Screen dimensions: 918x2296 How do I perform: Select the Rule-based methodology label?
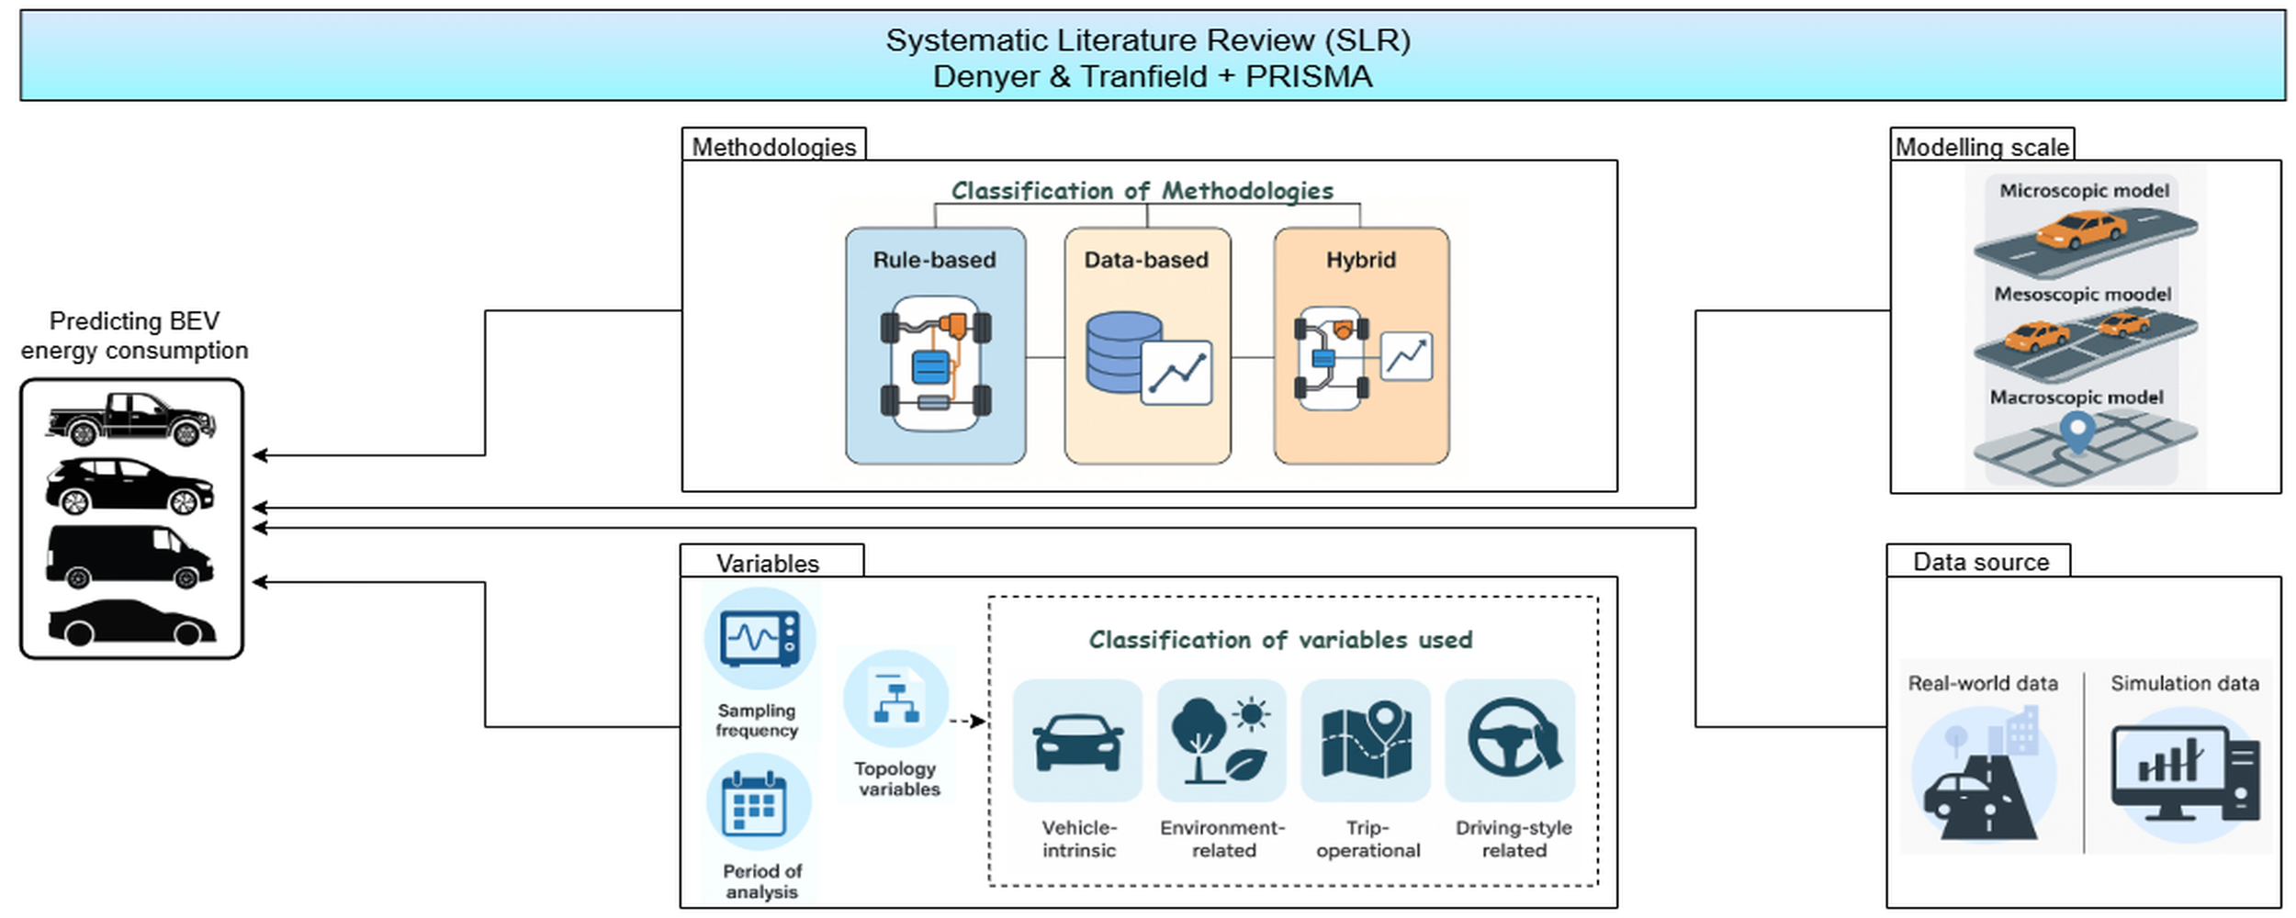[x=934, y=260]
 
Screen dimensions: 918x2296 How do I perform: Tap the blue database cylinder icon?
[x=1123, y=353]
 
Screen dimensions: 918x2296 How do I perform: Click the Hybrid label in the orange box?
[x=1360, y=260]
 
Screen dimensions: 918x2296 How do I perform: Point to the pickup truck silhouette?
[x=130, y=419]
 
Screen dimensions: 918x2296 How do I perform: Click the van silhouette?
[x=129, y=556]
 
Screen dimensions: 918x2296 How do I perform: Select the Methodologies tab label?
[x=773, y=147]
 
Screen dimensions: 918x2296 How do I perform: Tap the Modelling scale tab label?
[x=1982, y=147]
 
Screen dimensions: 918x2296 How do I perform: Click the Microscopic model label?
[x=2084, y=191]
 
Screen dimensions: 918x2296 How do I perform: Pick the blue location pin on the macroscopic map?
[x=2077, y=430]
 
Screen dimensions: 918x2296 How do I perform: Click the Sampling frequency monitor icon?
[x=760, y=638]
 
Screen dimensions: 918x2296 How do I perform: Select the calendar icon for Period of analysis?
[x=754, y=805]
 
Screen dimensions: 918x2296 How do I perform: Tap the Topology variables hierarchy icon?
[x=896, y=699]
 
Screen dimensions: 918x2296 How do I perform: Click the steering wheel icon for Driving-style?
[x=1512, y=736]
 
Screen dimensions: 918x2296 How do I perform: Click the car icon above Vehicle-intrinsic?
[x=1077, y=742]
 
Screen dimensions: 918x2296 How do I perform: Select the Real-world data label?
[x=1982, y=684]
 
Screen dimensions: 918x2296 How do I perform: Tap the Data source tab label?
[x=1980, y=562]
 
